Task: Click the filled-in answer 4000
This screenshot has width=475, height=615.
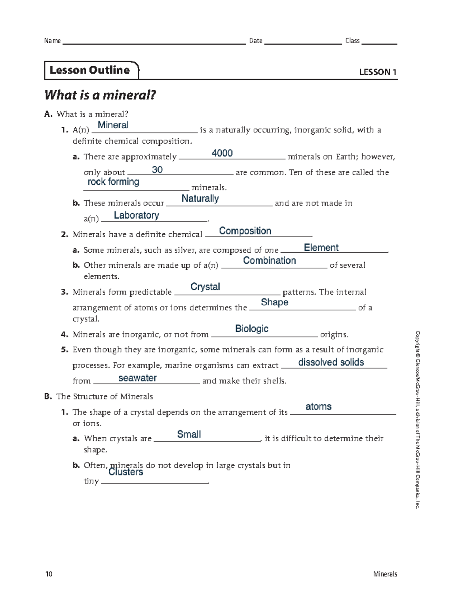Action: (x=222, y=153)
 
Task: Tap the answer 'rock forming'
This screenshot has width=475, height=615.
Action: (x=113, y=182)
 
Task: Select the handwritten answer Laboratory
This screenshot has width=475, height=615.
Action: (x=136, y=215)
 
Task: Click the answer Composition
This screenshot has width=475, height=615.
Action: (x=245, y=231)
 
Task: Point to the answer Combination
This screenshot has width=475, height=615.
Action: (x=269, y=261)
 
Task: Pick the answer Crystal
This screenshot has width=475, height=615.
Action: (x=205, y=287)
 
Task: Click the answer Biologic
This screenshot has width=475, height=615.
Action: (x=252, y=329)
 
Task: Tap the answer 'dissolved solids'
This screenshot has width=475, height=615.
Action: (x=331, y=362)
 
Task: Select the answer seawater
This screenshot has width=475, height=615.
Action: (x=137, y=378)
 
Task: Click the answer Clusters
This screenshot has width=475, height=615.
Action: (x=125, y=472)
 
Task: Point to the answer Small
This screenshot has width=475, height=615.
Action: (x=189, y=434)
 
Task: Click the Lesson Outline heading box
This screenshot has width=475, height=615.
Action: (x=91, y=70)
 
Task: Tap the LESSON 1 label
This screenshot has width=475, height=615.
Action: (x=377, y=72)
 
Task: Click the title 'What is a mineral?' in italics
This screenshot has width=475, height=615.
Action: (x=100, y=95)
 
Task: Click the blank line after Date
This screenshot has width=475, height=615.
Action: (x=302, y=43)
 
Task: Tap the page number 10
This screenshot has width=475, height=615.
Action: (x=49, y=574)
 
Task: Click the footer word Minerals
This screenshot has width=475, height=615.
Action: (x=385, y=574)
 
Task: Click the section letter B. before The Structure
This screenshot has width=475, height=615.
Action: (x=48, y=396)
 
